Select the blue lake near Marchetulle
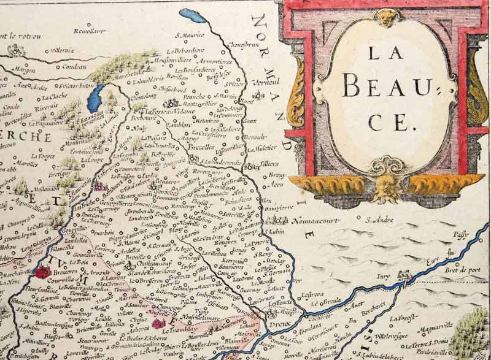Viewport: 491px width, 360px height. [96, 96]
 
